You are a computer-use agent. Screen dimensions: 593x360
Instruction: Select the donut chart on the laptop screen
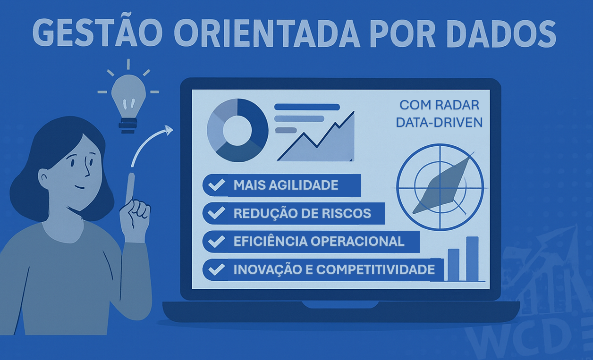[237, 130]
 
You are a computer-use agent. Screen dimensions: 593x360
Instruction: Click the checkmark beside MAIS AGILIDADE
[217, 184]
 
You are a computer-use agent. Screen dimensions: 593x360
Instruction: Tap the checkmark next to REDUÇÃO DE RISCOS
[217, 213]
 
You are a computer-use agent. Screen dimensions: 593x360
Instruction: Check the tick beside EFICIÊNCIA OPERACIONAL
[217, 241]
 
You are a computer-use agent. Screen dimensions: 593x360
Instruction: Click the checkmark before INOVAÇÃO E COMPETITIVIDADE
[217, 269]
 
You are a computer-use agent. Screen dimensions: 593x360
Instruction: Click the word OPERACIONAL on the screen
[357, 241]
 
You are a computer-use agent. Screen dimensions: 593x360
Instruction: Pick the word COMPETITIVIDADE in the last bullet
[375, 269]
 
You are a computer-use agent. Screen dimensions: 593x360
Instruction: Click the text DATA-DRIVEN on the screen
[439, 123]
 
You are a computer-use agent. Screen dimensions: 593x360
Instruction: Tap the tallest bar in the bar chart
[472, 259]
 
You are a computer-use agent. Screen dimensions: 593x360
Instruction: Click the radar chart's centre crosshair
[440, 188]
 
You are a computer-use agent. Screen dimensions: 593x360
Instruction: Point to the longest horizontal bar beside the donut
[307, 107]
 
